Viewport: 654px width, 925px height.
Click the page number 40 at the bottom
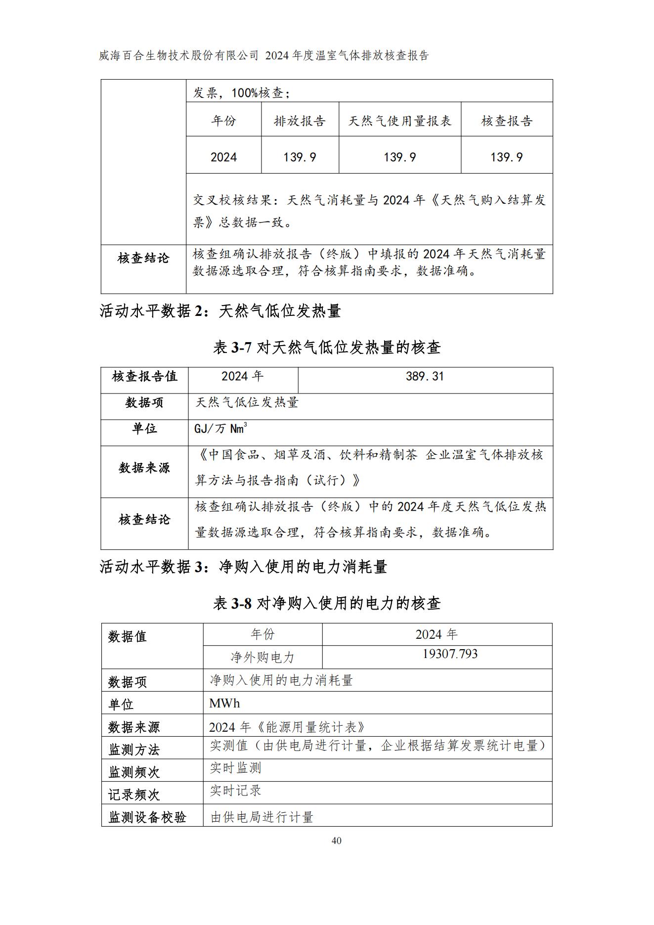point(336,840)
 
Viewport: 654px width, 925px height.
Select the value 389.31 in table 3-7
point(425,377)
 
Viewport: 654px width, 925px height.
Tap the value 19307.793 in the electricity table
point(450,654)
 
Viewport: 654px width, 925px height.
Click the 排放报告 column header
point(300,121)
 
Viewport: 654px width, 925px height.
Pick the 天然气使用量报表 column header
point(399,121)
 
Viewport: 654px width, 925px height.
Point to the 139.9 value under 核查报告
point(506,157)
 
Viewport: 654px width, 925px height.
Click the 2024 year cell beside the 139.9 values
point(223,157)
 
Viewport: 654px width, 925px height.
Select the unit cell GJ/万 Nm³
point(220,428)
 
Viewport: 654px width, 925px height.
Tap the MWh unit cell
point(224,703)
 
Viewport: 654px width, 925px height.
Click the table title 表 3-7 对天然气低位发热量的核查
point(327,348)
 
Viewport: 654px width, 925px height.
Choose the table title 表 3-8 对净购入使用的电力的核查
point(327,603)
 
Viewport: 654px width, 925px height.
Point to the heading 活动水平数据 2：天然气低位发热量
point(220,311)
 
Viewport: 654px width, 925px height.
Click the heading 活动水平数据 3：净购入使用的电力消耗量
point(243,567)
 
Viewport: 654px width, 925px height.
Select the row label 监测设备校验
point(147,817)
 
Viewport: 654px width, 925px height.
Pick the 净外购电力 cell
point(262,657)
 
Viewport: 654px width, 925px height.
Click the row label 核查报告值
point(144,377)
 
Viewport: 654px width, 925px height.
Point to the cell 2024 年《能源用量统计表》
point(287,727)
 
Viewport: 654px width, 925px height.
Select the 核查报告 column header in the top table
point(507,121)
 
